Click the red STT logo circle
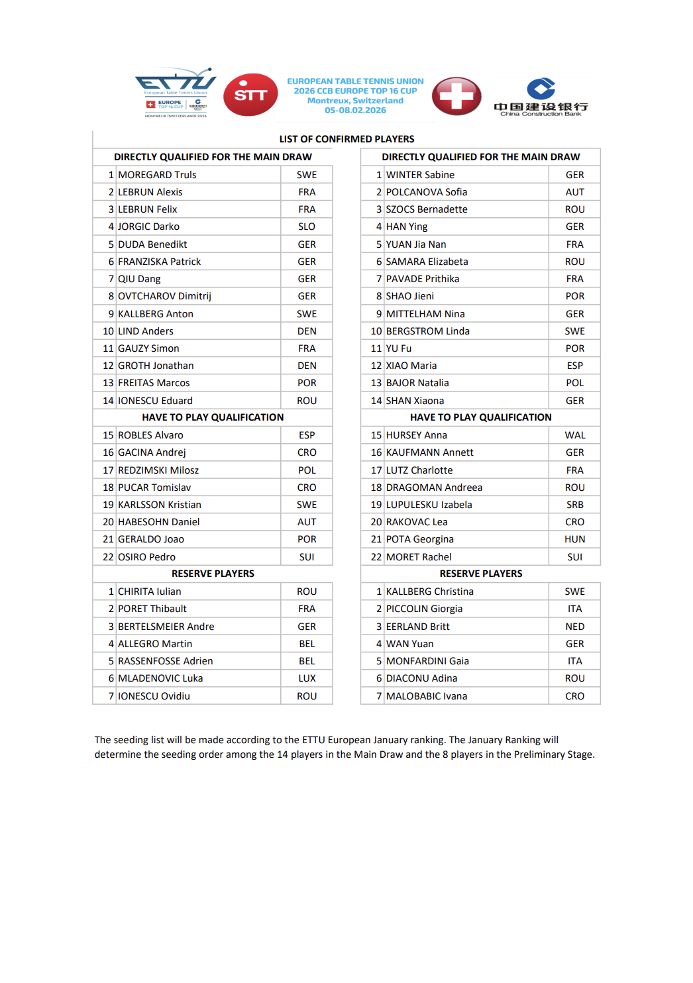point(250,95)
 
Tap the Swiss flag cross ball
point(456,96)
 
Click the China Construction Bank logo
point(541,97)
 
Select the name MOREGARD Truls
point(157,175)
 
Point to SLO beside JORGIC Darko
point(307,227)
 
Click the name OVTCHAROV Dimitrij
point(164,296)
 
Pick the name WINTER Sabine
point(420,175)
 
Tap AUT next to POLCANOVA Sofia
point(574,192)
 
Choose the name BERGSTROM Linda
point(427,331)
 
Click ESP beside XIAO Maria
point(574,366)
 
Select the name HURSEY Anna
point(416,435)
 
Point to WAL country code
point(574,435)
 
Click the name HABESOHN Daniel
point(158,522)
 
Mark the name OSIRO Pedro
point(146,557)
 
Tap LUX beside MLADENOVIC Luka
point(307,678)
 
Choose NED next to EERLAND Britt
point(574,627)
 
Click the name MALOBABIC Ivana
point(426,696)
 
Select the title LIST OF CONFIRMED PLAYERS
point(346,139)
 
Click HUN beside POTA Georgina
point(574,539)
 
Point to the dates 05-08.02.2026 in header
point(355,111)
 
